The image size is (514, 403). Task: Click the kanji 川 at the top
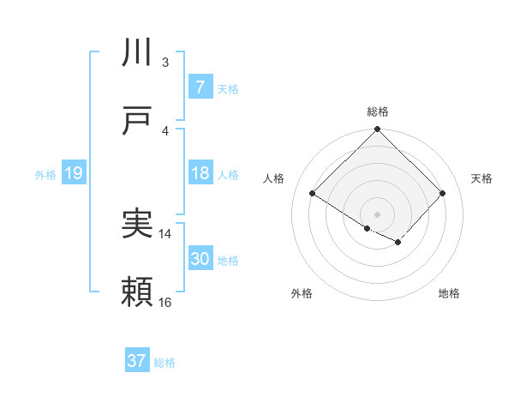[138, 53]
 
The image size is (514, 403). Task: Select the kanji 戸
[138, 122]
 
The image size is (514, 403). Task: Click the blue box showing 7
[200, 87]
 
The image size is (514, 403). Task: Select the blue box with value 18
[200, 174]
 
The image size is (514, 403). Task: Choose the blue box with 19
[73, 174]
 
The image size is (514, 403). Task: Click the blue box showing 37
[136, 361]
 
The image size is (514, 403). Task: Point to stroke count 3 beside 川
[165, 62]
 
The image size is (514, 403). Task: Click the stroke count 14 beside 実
[165, 233]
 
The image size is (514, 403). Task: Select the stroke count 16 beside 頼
[165, 302]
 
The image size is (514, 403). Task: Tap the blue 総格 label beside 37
[164, 363]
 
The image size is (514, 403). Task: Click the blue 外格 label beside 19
[45, 175]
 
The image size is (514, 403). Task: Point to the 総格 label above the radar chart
[377, 111]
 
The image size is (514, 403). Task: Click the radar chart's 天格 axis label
[481, 178]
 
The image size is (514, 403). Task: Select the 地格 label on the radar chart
[449, 293]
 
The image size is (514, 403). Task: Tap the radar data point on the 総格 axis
[377, 130]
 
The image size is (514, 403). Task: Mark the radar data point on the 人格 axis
[313, 194]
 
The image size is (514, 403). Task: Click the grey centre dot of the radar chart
[377, 214]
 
